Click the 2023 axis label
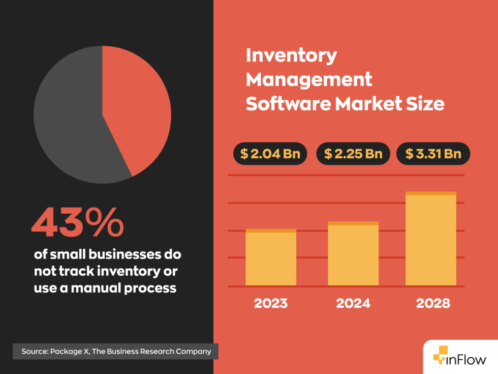coord(271,304)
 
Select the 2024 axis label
coord(353,304)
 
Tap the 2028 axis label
coord(433,304)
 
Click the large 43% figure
coord(77,223)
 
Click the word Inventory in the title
coord(291,55)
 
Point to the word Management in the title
coord(309,79)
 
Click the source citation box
coord(115,351)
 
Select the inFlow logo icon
coord(441,358)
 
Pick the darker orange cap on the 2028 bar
coord(430,193)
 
